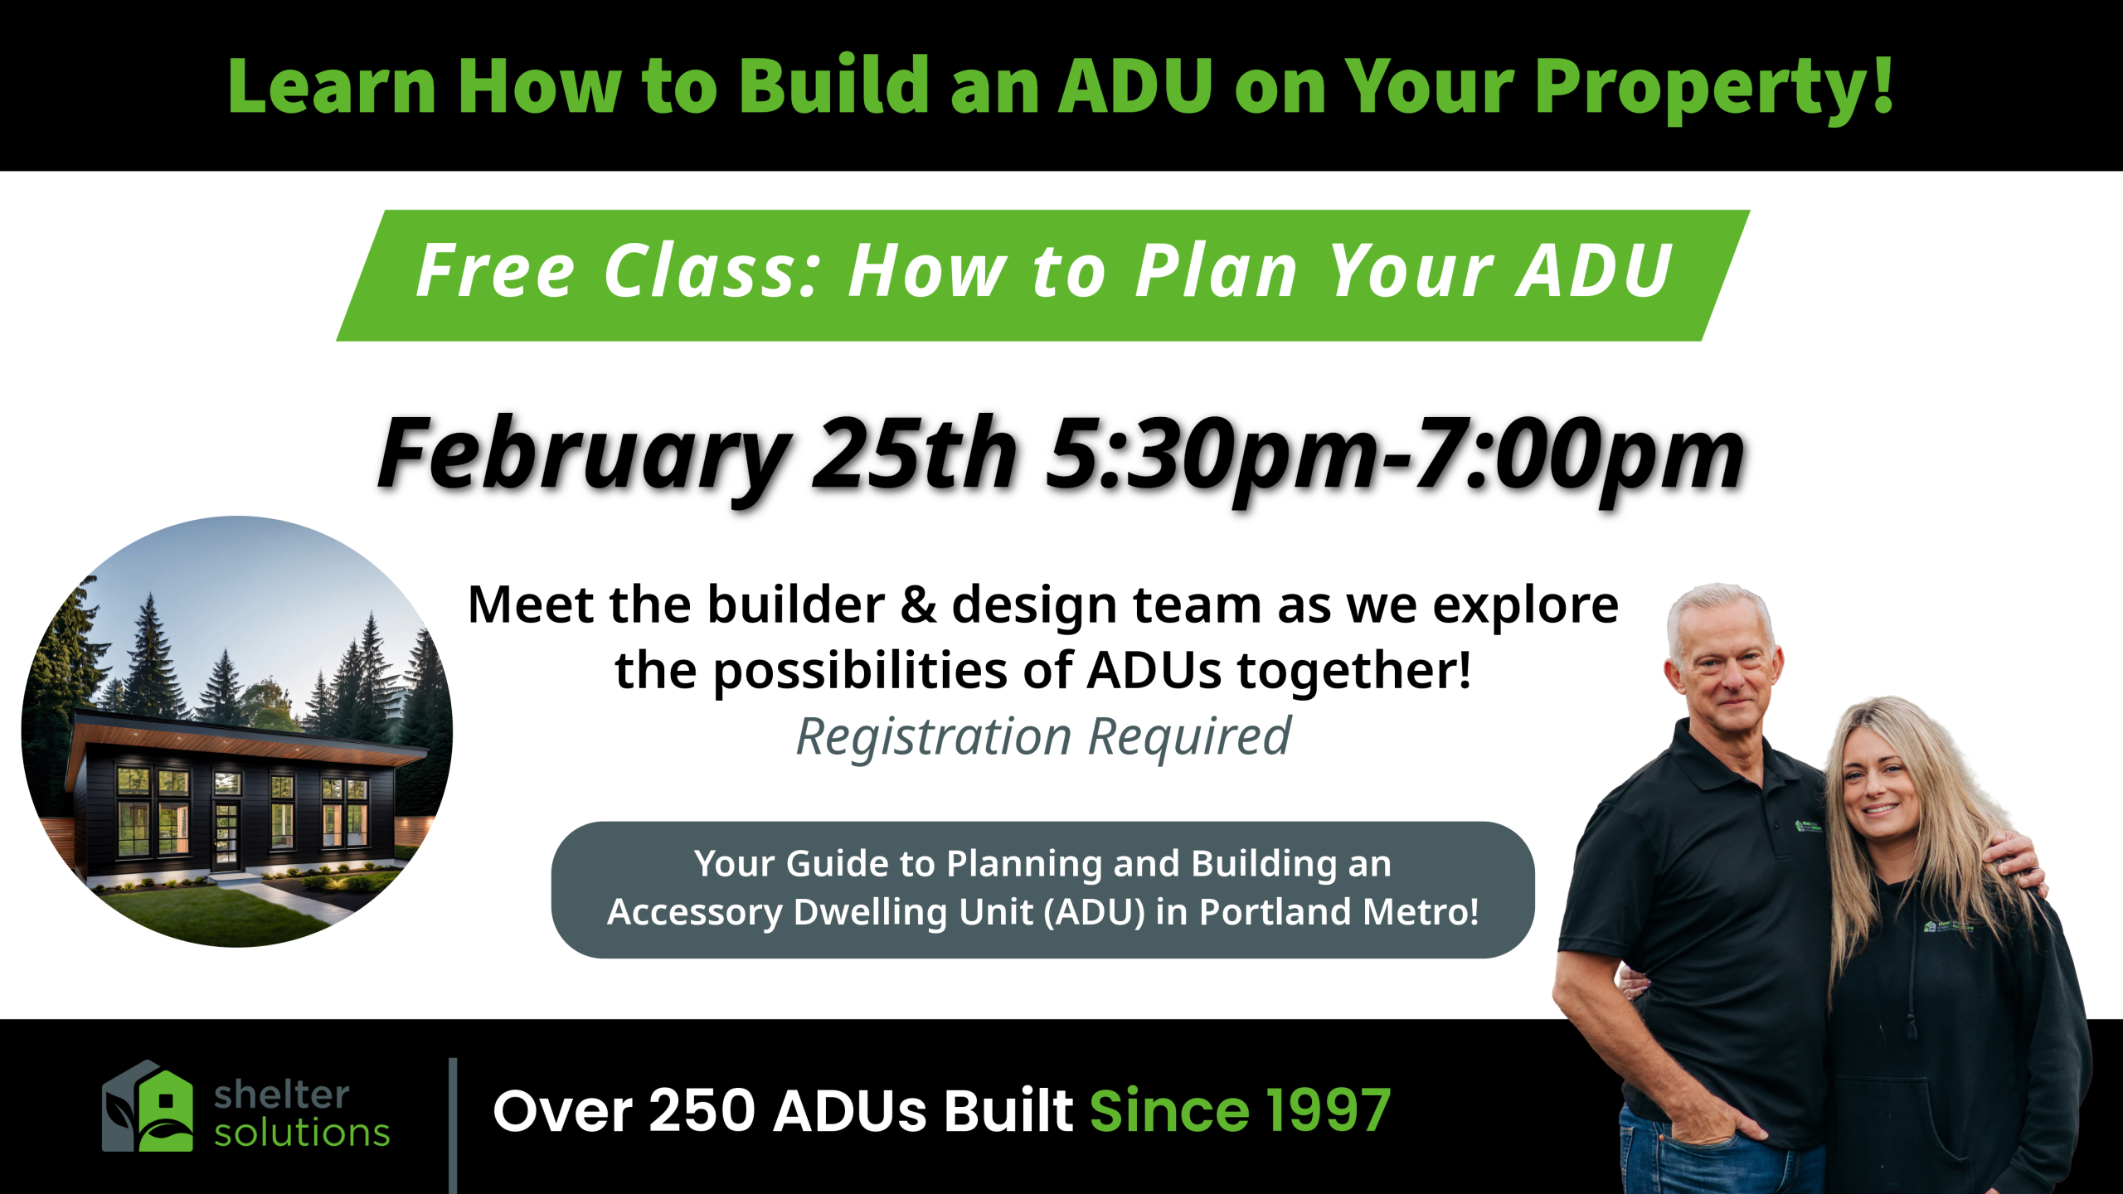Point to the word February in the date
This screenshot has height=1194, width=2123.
point(584,455)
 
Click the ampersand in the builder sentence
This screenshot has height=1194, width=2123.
point(918,604)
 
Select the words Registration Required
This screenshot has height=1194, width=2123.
point(1043,736)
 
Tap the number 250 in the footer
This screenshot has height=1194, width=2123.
point(702,1111)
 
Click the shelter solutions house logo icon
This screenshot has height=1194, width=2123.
point(148,1105)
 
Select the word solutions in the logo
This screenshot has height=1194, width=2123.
point(302,1133)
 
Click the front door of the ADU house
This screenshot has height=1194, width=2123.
point(226,834)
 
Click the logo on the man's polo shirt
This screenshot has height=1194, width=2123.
point(1809,825)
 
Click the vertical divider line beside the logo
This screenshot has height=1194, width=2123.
point(453,1126)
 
